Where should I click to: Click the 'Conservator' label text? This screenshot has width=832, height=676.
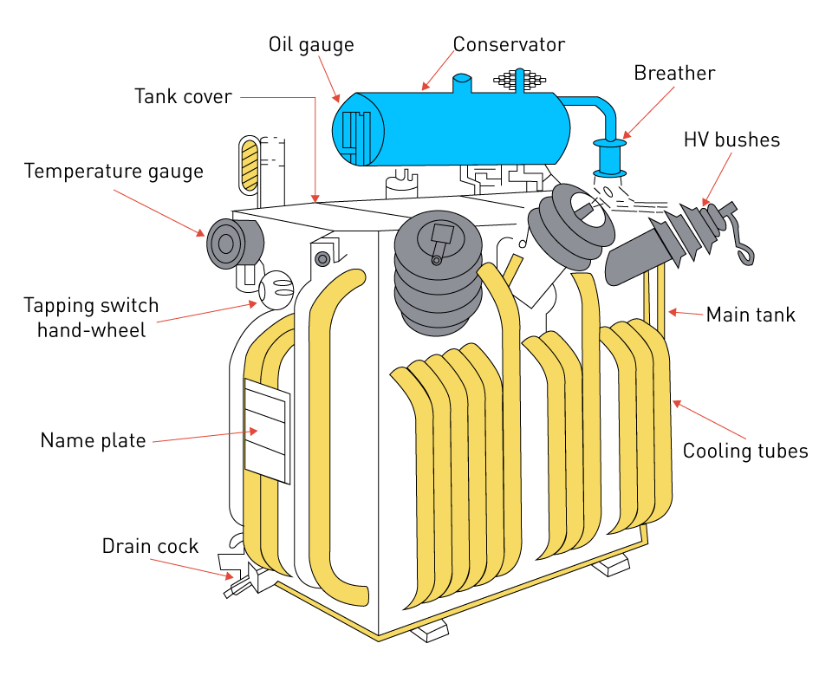[509, 44]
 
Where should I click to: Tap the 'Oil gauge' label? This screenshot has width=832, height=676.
[311, 44]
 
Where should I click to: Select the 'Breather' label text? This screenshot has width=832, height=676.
[674, 73]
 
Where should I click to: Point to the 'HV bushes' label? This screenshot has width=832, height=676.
[731, 140]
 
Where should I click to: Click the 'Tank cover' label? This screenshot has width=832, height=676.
[183, 95]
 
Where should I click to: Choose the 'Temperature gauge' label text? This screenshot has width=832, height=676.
[114, 171]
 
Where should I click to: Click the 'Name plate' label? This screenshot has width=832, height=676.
[93, 440]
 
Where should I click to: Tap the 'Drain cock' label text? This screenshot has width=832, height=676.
[150, 546]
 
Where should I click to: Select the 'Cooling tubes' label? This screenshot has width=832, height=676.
[744, 451]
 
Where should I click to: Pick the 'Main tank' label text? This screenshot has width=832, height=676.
[750, 314]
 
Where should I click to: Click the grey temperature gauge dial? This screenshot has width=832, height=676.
[226, 243]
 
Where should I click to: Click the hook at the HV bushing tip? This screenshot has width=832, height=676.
[743, 247]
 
